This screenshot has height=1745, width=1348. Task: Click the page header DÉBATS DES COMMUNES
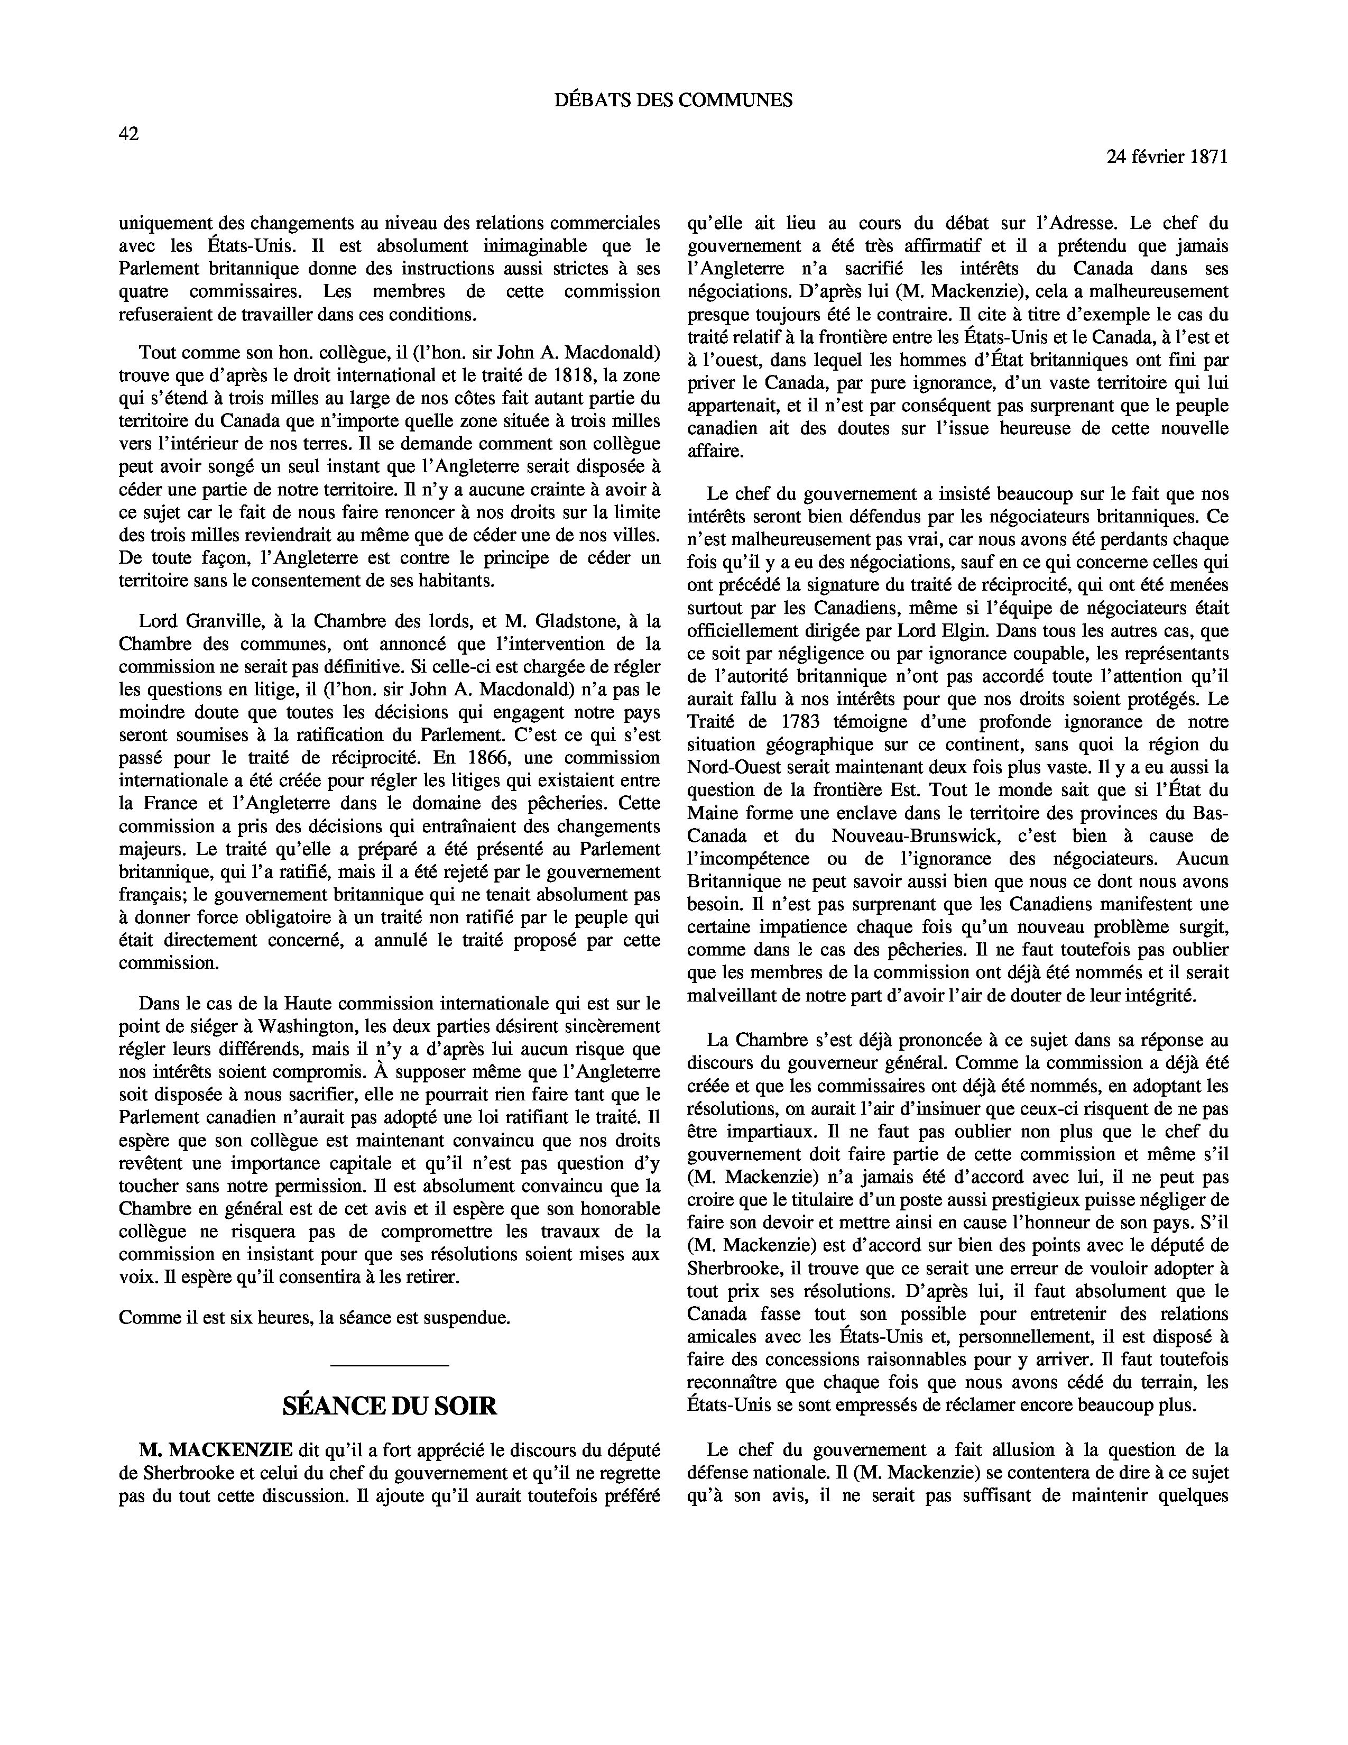[x=673, y=100]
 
